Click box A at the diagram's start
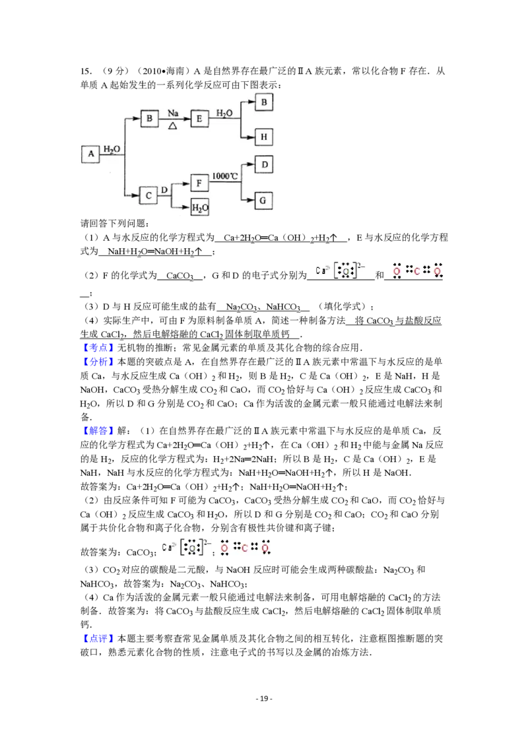[x=90, y=154]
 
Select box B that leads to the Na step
[x=150, y=119]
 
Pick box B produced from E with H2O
[x=264, y=102]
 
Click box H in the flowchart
[x=264, y=137]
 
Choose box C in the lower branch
[x=148, y=195]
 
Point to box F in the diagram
[x=199, y=183]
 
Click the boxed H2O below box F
[x=199, y=208]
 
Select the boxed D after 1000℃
[x=264, y=164]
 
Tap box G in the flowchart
[x=264, y=200]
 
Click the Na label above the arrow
[x=173, y=114]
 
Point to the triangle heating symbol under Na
[x=173, y=125]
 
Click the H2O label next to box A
[x=112, y=149]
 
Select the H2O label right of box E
[x=224, y=114]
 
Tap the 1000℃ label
[x=225, y=177]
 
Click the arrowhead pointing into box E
[x=187, y=119]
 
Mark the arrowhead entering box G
[x=252, y=200]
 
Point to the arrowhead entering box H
[x=252, y=137]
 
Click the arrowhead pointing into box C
[x=136, y=195]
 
